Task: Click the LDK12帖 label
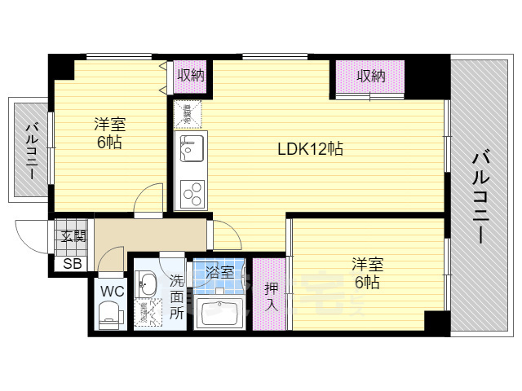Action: tap(309, 149)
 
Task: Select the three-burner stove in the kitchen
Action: tap(192, 192)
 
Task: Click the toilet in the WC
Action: tap(109, 313)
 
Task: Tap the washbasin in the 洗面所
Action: tap(148, 285)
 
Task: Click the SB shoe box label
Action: tap(72, 262)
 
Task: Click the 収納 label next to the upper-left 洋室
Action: tap(190, 75)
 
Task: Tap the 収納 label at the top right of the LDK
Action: tap(370, 76)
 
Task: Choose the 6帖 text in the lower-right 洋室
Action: tap(366, 283)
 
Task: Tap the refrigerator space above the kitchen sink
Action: tap(187, 115)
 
